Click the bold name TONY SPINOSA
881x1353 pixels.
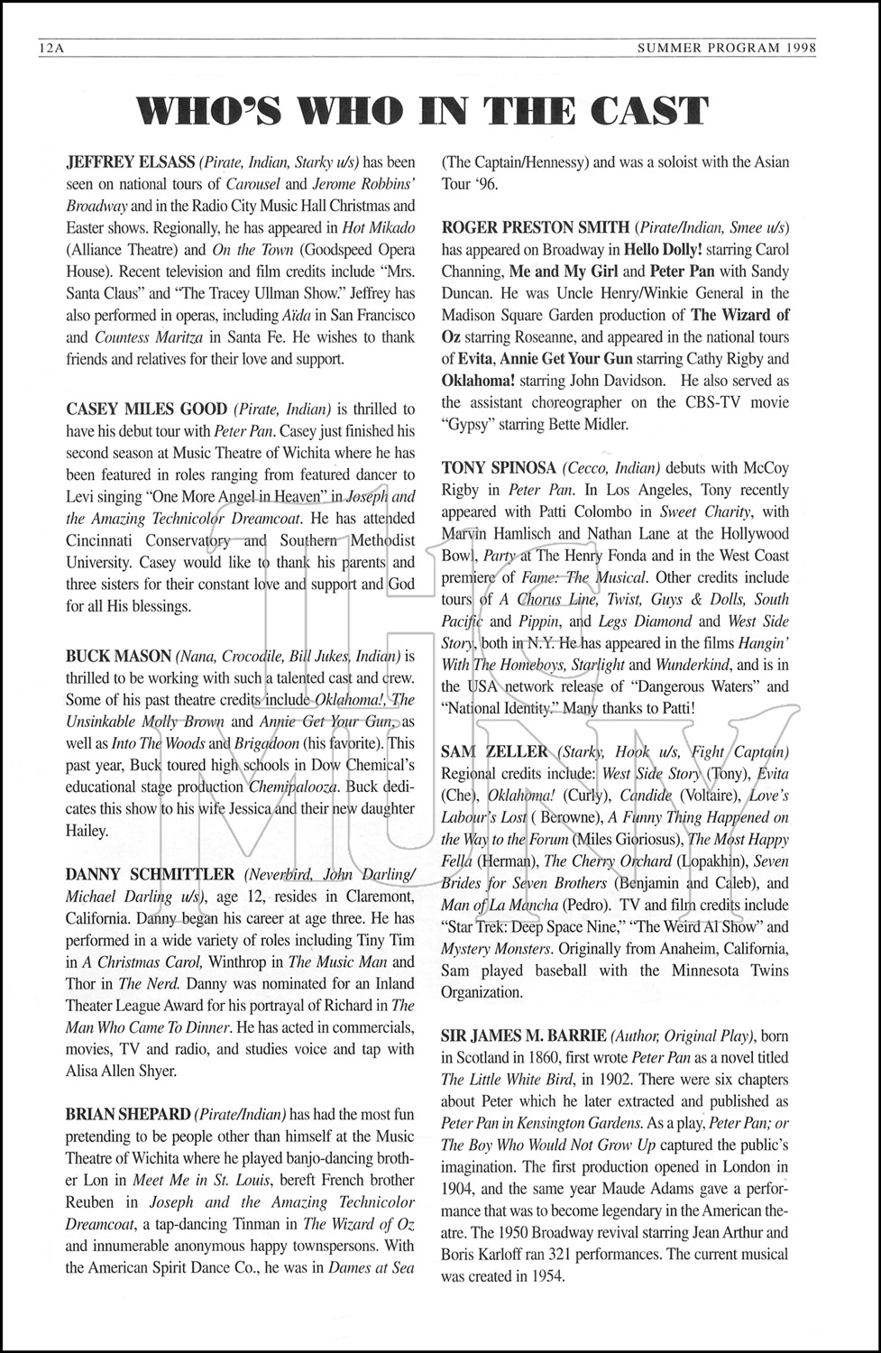pyautogui.click(x=499, y=467)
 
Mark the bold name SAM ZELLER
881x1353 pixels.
pyautogui.click(x=494, y=751)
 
